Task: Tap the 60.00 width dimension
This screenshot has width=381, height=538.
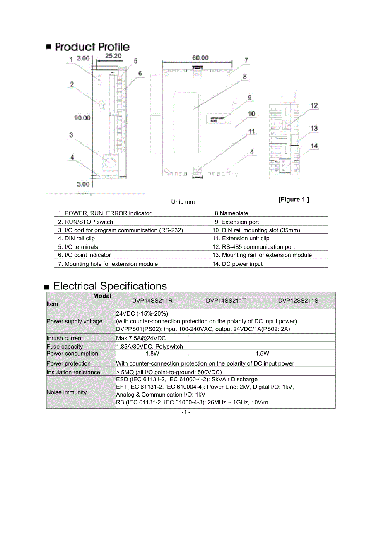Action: pyautogui.click(x=200, y=58)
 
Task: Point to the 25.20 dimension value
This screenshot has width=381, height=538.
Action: pyautogui.click(x=113, y=56)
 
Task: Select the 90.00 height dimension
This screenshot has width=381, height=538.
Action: pyautogui.click(x=82, y=118)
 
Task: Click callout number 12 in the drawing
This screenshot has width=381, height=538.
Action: pyautogui.click(x=314, y=105)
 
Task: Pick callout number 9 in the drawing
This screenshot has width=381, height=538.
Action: pyautogui.click(x=250, y=98)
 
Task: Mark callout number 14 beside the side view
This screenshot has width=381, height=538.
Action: pyautogui.click(x=314, y=146)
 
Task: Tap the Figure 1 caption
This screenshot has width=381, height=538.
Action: pyautogui.click(x=294, y=200)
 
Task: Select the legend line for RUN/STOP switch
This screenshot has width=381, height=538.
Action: pyautogui.click(x=86, y=222)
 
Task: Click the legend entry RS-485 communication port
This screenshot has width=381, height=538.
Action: pyautogui.click(x=253, y=247)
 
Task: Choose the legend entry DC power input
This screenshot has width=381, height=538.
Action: pyautogui.click(x=237, y=264)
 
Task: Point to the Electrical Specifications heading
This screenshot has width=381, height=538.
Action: pyautogui.click(x=110, y=286)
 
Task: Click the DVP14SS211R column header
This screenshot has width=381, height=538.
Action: pyautogui.click(x=152, y=301)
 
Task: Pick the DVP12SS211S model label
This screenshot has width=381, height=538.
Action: pyautogui.click(x=298, y=301)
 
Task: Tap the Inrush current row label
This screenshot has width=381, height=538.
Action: pyautogui.click(x=65, y=338)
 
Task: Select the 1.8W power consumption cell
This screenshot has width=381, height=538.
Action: pyautogui.click(x=152, y=354)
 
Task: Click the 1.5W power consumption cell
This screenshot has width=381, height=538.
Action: pyautogui.click(x=262, y=354)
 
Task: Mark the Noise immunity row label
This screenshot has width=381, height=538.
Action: pyautogui.click(x=67, y=392)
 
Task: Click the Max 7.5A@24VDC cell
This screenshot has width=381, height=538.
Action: pyautogui.click(x=141, y=338)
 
